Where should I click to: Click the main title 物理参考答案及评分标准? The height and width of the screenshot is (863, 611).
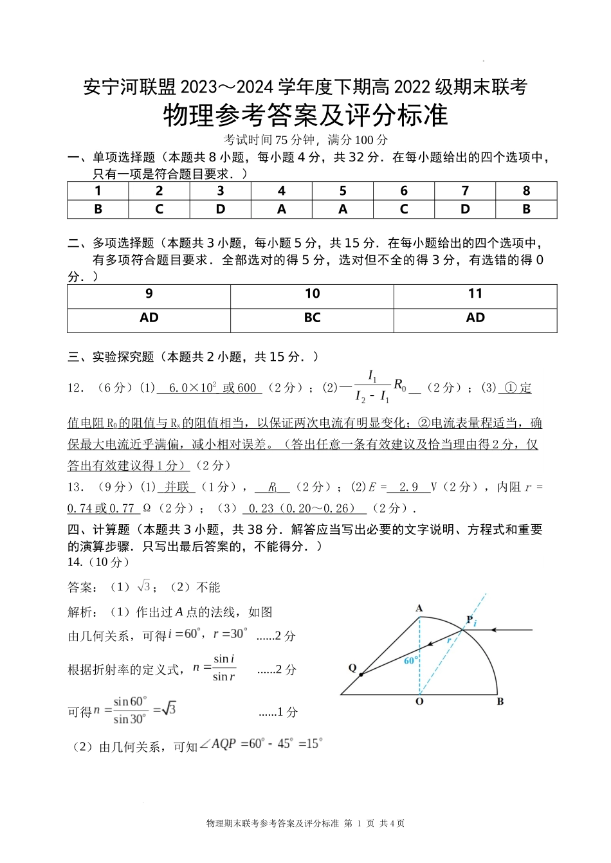[x=305, y=116]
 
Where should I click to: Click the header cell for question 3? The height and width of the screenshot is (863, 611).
[x=221, y=191]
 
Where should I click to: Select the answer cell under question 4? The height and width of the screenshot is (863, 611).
[x=282, y=209]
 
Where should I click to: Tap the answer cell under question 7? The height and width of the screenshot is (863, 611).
[x=465, y=209]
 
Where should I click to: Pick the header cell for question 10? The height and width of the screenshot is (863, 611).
[x=312, y=294]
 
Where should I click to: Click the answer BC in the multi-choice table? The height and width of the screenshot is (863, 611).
[x=312, y=318]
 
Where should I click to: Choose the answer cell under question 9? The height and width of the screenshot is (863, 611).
[x=149, y=318]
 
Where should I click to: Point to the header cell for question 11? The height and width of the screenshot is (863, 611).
[x=475, y=294]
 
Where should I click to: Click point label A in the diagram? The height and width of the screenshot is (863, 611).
[x=419, y=608]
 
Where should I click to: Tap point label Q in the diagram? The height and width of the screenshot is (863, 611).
[x=352, y=668]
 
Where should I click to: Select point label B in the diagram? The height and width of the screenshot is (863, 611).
[x=500, y=702]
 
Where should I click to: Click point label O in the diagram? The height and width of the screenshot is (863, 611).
[x=419, y=702]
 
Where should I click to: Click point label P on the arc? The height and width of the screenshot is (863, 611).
[x=470, y=620]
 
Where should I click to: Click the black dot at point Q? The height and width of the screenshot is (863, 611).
[x=361, y=675]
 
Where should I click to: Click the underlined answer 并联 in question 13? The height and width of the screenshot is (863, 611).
[x=177, y=487]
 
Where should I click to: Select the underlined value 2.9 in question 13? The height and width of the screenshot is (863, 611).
[x=408, y=487]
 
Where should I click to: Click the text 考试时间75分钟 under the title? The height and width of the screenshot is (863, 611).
[x=269, y=140]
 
